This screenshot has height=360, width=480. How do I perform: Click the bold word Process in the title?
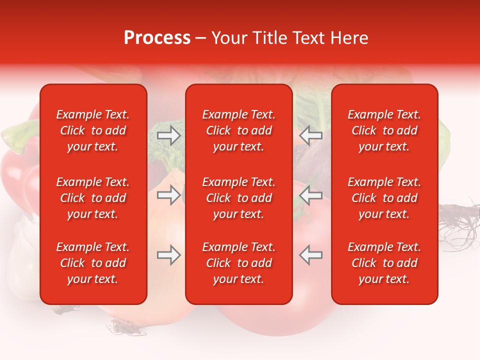157,37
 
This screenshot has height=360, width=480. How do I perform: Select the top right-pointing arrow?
169,135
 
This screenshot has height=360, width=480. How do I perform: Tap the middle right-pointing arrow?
169,195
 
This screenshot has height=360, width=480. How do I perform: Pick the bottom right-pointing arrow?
169,255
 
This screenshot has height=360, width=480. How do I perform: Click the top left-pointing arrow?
310,135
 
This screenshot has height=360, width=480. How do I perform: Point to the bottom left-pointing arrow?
310,255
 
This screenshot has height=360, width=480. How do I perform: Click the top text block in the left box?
93,130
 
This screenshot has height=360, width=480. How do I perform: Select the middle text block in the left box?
93,198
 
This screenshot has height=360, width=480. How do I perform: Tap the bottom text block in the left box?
93,263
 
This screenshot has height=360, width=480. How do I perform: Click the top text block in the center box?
238,130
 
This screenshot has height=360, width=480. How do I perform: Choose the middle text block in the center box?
238,198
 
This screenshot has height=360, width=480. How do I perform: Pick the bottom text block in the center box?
238,263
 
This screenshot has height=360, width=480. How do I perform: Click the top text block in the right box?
384,130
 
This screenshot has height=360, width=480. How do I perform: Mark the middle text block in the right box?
384,198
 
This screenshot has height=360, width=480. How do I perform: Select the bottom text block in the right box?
384,263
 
